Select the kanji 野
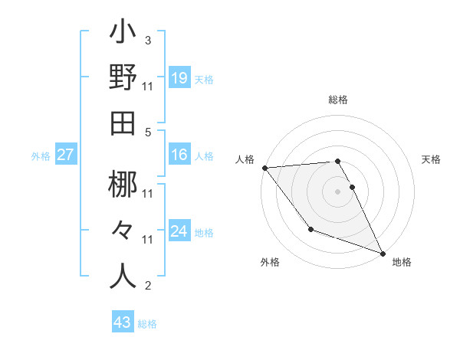coord(123,78)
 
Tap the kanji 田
coord(123,123)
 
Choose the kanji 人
coord(123,276)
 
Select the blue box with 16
coord(179,155)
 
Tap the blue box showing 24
coord(179,231)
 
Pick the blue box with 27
coord(65,155)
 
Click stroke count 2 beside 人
coord(147,286)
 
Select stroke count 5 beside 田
coord(147,132)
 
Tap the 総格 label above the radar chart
coord(338,100)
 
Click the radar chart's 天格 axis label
coord(431,159)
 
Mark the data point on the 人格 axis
coord(264,168)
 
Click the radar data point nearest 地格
coord(382,253)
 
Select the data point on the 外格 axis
coord(310,229)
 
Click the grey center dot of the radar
coord(338,191)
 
